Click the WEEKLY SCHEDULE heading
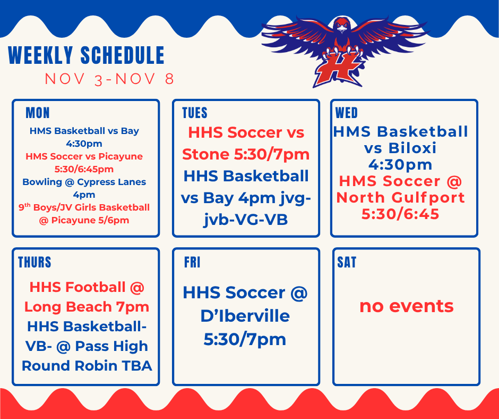pos(86,56)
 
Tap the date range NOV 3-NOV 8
pos(109,79)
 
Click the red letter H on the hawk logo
pos(338,70)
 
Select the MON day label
pos(37,113)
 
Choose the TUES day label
pos(194,113)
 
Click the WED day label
pos(347,113)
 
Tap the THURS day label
pos(35,262)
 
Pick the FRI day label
pos(192,263)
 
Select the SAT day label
pos(347,262)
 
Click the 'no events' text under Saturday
pos(406,306)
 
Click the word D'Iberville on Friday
pos(245,316)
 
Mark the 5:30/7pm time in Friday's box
pos(245,339)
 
